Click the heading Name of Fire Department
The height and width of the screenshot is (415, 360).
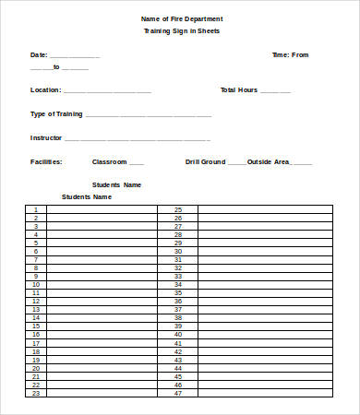coord(181,18)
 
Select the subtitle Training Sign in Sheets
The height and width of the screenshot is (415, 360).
coord(181,31)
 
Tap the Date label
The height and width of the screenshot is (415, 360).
coord(39,55)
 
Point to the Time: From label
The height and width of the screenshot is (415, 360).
coord(290,55)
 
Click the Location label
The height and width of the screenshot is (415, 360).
coord(46,90)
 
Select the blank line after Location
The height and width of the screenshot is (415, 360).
coord(107,92)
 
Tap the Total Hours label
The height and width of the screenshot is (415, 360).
coord(239,90)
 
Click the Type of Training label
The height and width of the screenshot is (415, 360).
coord(56,114)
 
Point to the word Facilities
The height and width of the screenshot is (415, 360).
coord(46,161)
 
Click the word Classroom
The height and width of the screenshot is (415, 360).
coord(109,161)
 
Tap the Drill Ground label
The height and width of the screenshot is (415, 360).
coord(205,161)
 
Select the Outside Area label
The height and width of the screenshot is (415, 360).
coord(268,161)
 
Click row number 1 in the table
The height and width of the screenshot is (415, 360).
coord(36,209)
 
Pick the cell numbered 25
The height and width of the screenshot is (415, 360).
coord(178,209)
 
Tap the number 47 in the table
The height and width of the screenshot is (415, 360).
coord(178,393)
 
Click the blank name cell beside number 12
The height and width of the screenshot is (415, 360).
coord(102,301)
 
